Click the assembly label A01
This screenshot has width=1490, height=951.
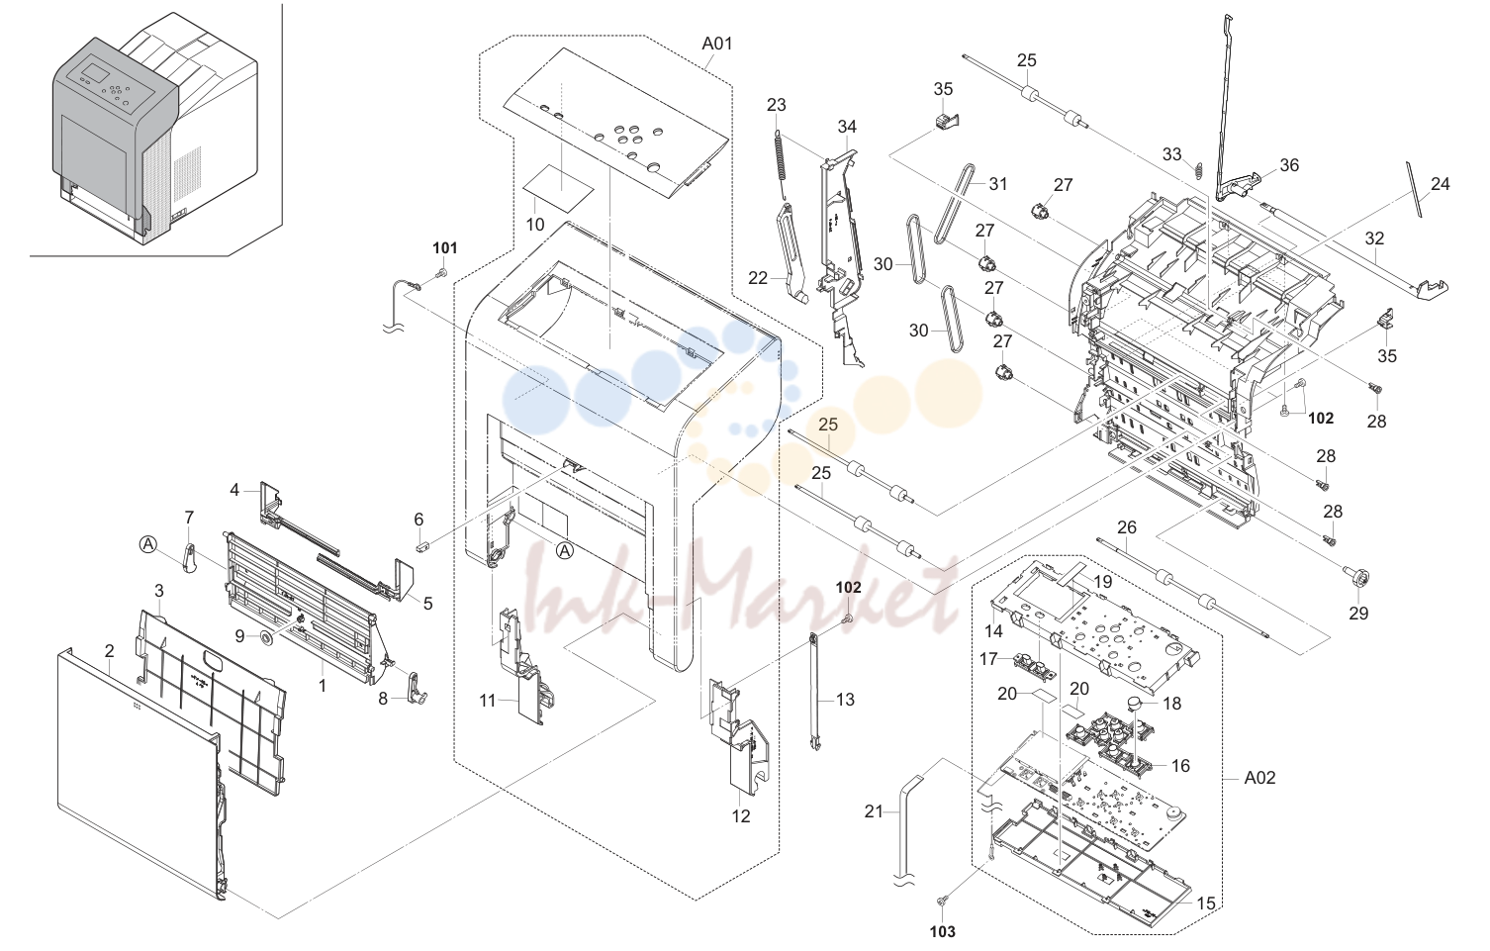pyautogui.click(x=716, y=44)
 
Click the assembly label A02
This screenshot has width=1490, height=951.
pyautogui.click(x=1259, y=777)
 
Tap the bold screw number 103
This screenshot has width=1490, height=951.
pyautogui.click(x=942, y=931)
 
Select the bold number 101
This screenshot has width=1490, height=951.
pyautogui.click(x=445, y=248)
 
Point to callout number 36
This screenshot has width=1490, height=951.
pyautogui.click(x=1289, y=165)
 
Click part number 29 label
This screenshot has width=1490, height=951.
pyautogui.click(x=1358, y=613)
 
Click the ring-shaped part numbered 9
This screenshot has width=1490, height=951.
pyautogui.click(x=267, y=638)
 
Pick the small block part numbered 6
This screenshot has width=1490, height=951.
pyautogui.click(x=419, y=546)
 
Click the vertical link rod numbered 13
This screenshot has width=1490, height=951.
pyautogui.click(x=813, y=692)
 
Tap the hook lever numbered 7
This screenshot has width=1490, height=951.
pyautogui.click(x=189, y=557)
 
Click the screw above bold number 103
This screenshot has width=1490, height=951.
pyautogui.click(x=941, y=902)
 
